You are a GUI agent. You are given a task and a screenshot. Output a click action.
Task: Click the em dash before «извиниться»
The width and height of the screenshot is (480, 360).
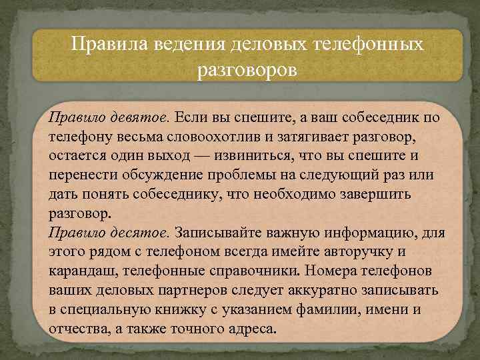230,156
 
